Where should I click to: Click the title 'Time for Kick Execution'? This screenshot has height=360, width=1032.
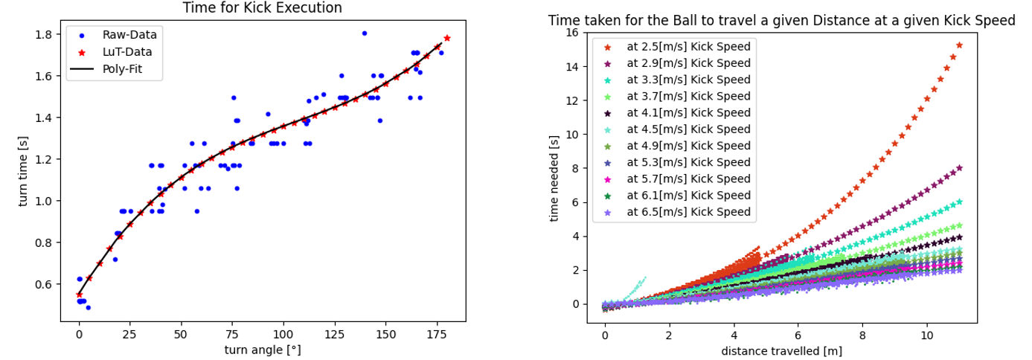click(x=263, y=8)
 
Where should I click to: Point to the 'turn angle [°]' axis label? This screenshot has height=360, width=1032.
click(x=263, y=350)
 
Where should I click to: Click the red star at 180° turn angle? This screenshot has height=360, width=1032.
click(x=446, y=38)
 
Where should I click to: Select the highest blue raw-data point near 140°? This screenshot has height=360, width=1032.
click(x=364, y=33)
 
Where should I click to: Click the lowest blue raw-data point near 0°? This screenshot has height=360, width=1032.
click(x=88, y=307)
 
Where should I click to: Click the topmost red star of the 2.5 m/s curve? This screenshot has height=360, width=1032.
click(x=959, y=45)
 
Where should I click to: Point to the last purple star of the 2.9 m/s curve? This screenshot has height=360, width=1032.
click(x=959, y=168)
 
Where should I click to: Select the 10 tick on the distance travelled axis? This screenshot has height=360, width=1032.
click(x=926, y=335)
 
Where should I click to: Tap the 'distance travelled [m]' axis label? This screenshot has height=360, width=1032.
click(x=781, y=350)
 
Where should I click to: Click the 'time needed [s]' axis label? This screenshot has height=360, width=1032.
click(x=554, y=178)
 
